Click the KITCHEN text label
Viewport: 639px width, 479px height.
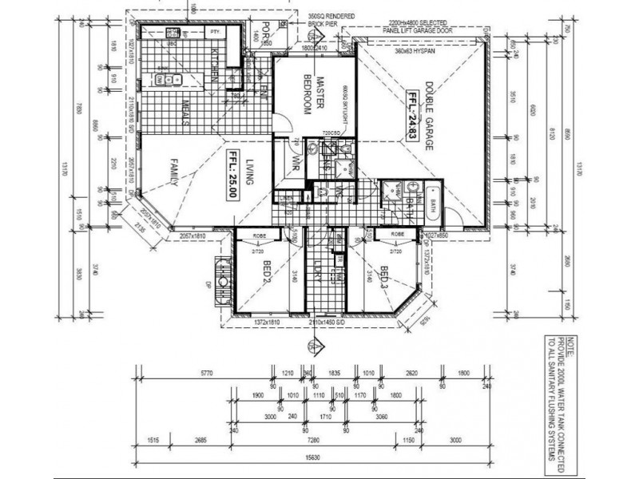[215, 64]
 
